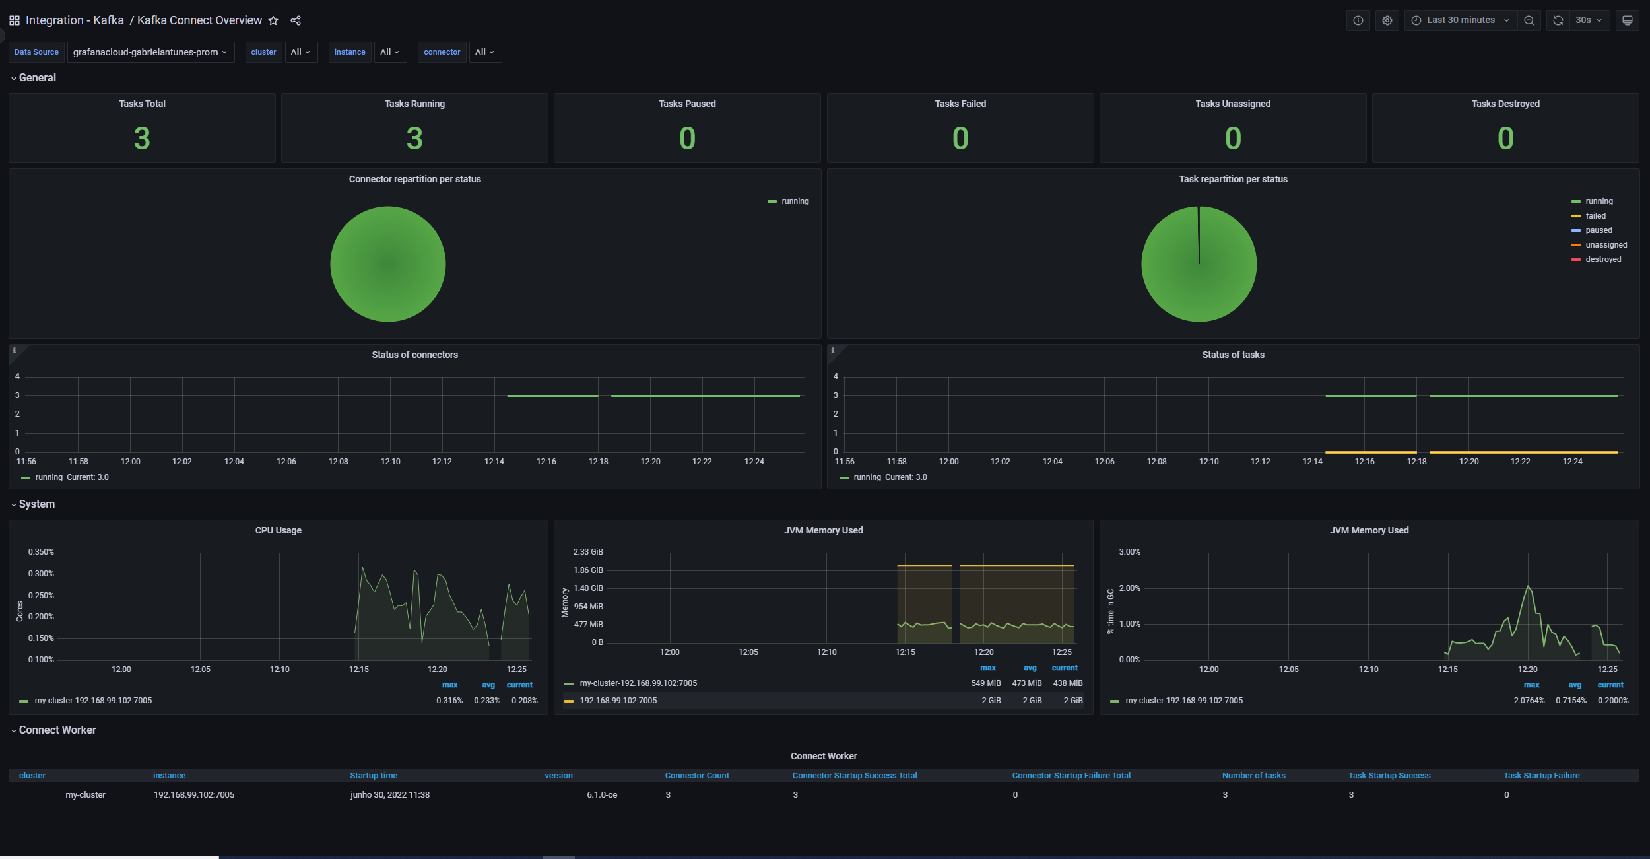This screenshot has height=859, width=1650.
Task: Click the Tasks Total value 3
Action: (x=142, y=139)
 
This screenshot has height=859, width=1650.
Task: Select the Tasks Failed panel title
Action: (x=960, y=104)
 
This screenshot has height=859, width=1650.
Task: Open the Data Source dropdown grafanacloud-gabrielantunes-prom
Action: (x=150, y=52)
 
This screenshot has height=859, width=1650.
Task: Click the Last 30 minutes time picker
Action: (x=1460, y=20)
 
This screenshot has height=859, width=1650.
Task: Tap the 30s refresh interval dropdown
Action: (x=1588, y=20)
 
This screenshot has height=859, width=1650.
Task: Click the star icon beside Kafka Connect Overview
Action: (x=273, y=21)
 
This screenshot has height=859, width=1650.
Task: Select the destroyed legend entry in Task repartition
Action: (x=1602, y=259)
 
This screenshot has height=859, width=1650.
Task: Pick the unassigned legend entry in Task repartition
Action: (x=1606, y=245)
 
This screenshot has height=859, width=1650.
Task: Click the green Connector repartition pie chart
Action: (x=388, y=264)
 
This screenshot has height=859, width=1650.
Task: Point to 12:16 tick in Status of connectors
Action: (x=546, y=462)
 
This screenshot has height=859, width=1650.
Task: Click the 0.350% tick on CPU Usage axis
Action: (x=41, y=552)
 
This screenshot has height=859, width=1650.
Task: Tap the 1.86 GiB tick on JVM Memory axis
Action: (x=588, y=570)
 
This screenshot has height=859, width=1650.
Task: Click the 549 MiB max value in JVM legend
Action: (x=985, y=683)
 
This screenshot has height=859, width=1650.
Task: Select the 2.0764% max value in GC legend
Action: (x=1529, y=701)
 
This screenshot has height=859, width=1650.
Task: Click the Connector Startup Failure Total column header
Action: (x=1071, y=776)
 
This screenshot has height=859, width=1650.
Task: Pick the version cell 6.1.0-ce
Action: (x=601, y=795)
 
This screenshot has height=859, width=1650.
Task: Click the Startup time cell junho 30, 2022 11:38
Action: (x=389, y=795)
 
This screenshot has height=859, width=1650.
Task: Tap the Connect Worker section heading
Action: (x=57, y=730)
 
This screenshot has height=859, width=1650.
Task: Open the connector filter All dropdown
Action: (x=485, y=52)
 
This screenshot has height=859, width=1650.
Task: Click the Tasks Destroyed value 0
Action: (x=1505, y=139)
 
